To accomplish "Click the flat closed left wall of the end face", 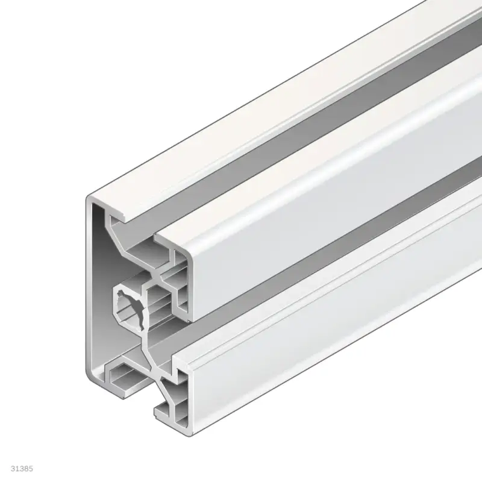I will pyautogui.click(x=96, y=289).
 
